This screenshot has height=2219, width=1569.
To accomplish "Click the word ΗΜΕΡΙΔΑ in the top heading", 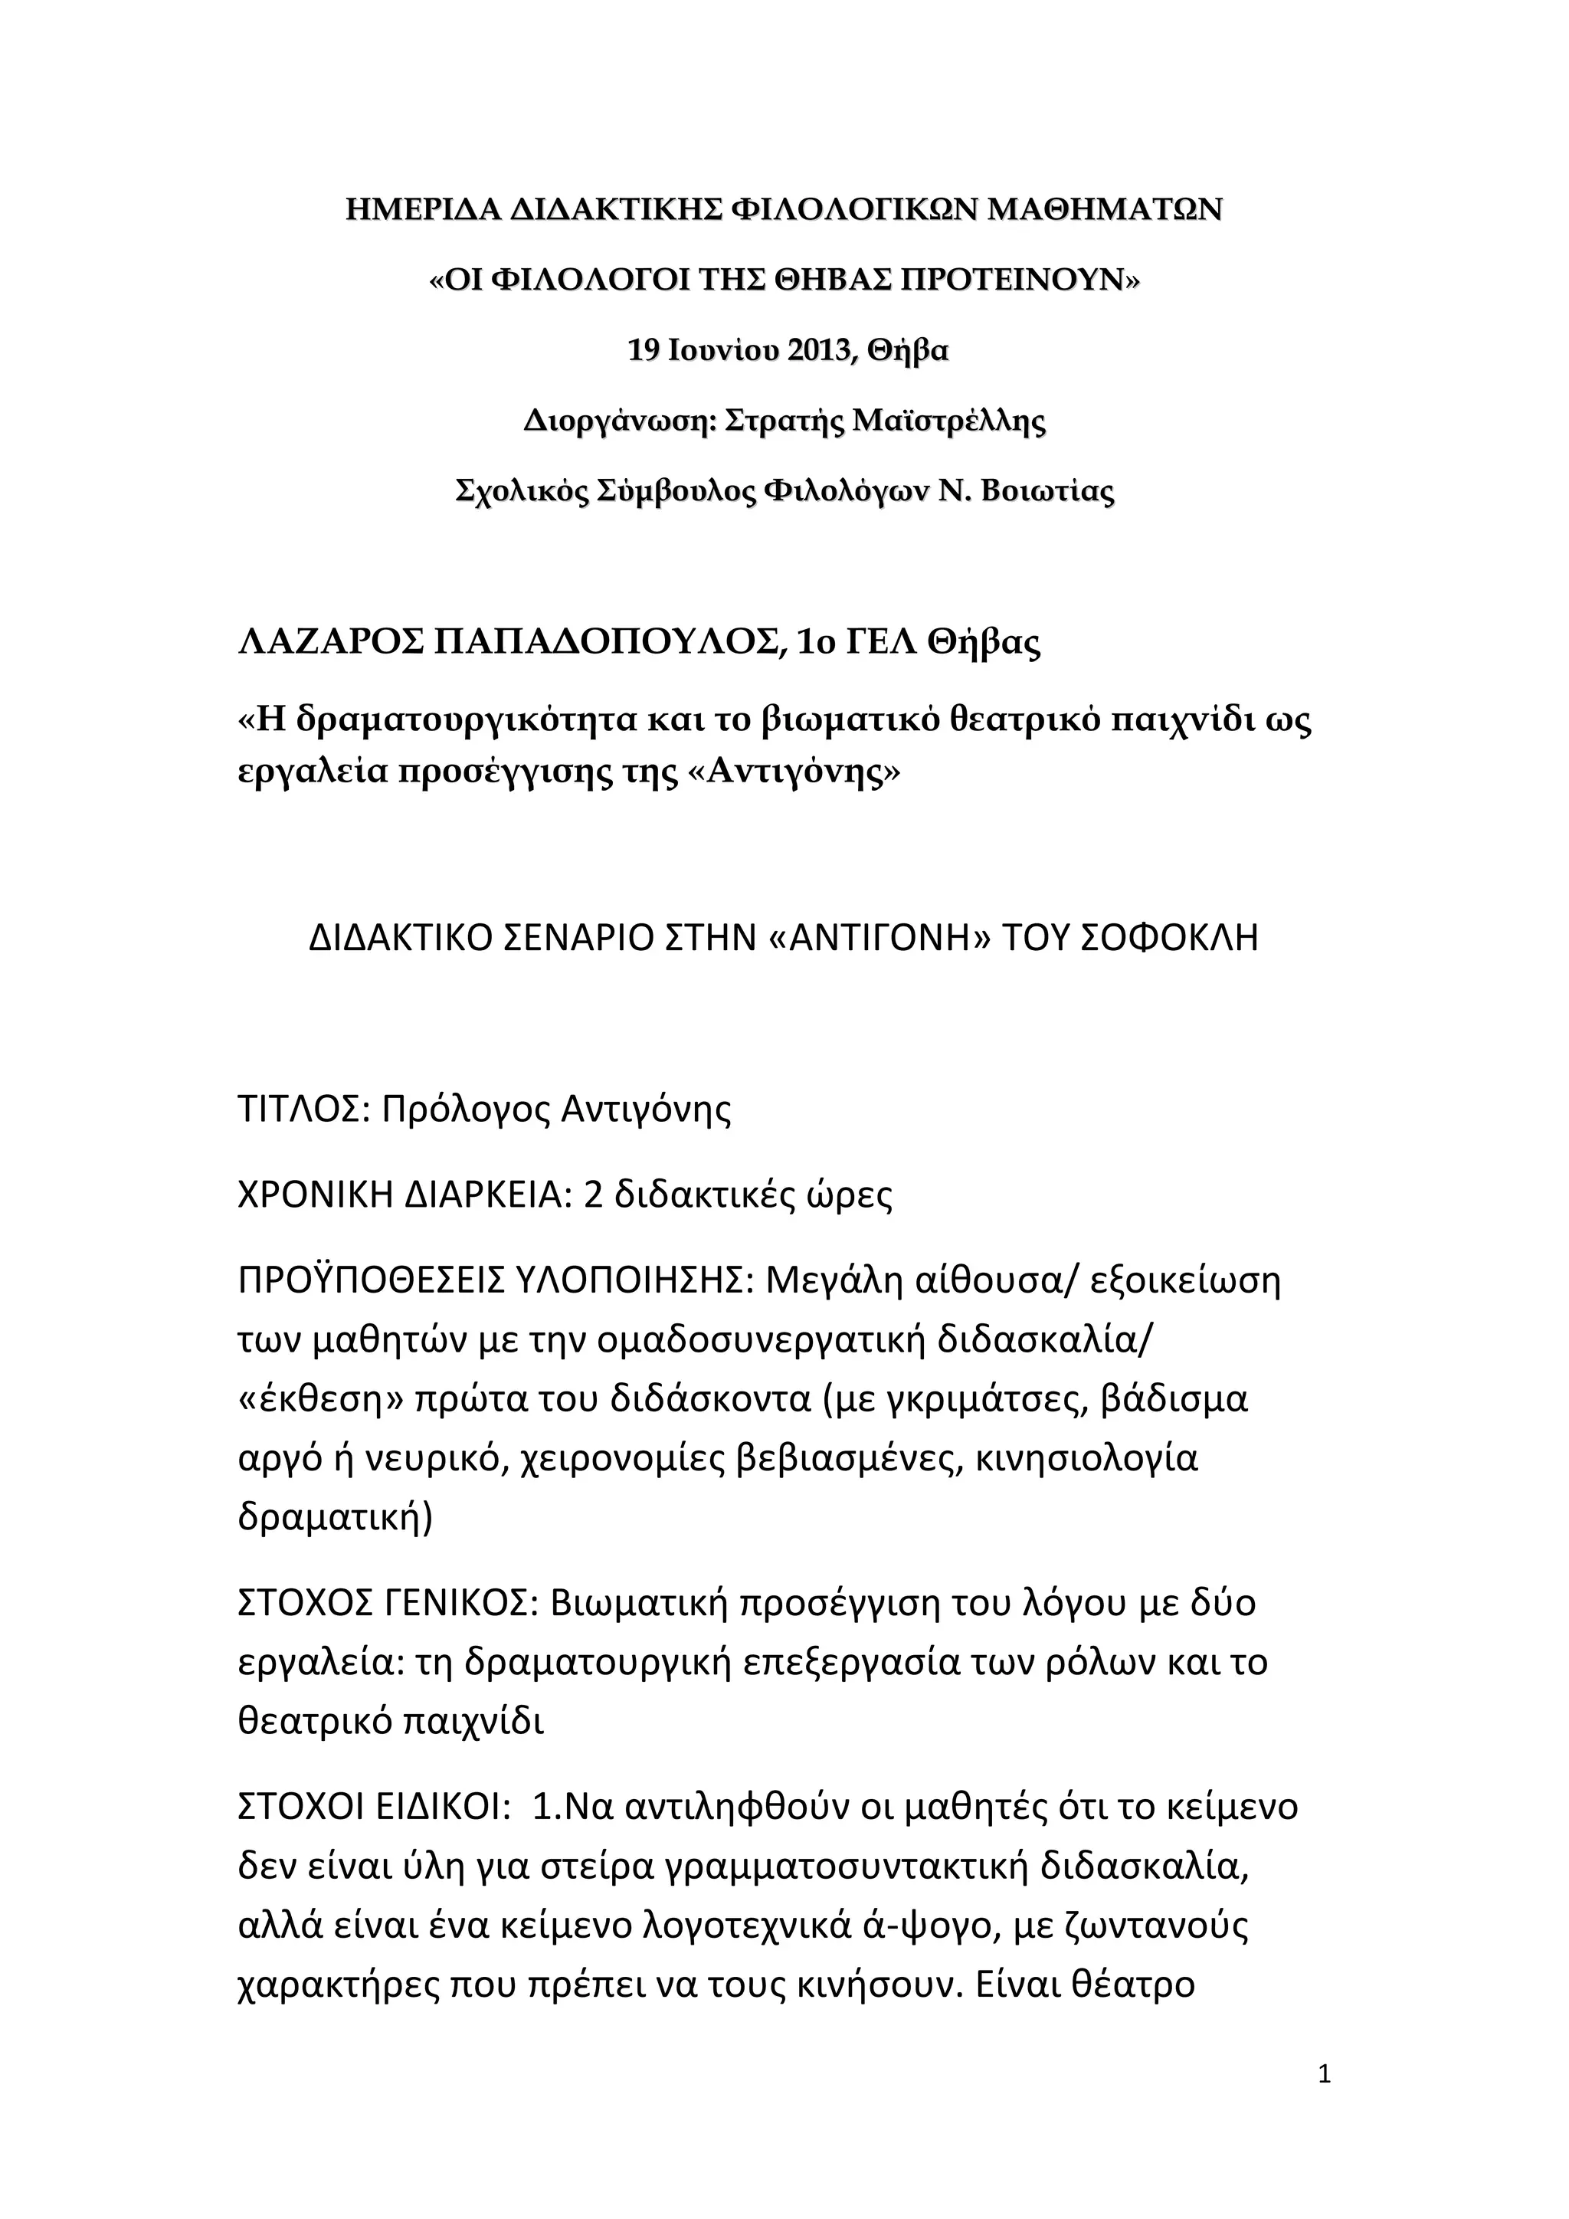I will point(421,210).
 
